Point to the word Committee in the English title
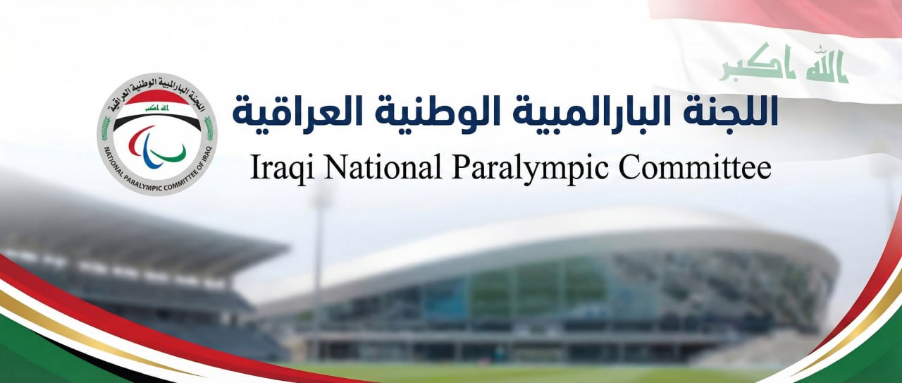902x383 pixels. point(695,167)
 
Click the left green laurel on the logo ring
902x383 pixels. point(106,128)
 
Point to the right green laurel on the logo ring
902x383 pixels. point(209,128)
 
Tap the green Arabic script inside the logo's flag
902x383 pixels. point(157,108)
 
